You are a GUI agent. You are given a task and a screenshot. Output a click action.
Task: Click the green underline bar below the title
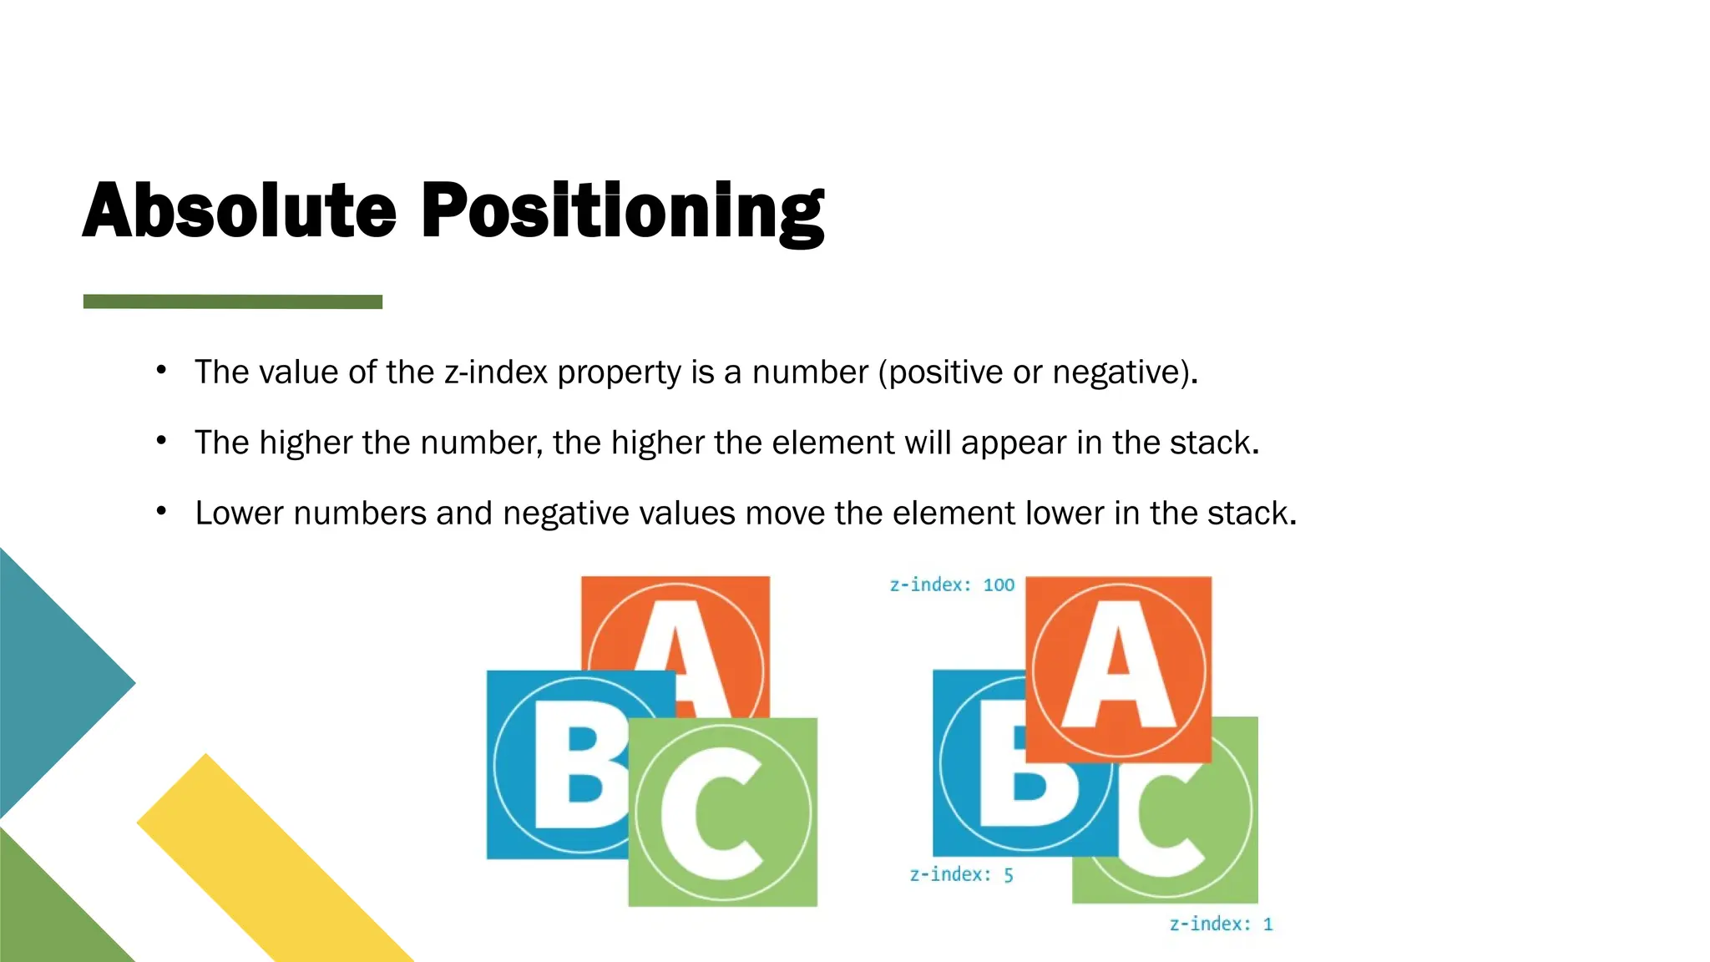tap(233, 301)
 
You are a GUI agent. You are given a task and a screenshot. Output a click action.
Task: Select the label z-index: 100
tap(952, 585)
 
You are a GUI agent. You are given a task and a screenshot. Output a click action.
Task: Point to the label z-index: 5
tap(961, 874)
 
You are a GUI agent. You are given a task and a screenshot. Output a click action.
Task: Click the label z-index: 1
tap(1221, 924)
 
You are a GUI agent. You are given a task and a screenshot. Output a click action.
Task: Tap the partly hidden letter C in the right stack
tap(1165, 827)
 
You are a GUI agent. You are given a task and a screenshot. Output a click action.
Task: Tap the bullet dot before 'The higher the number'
tap(162, 440)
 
